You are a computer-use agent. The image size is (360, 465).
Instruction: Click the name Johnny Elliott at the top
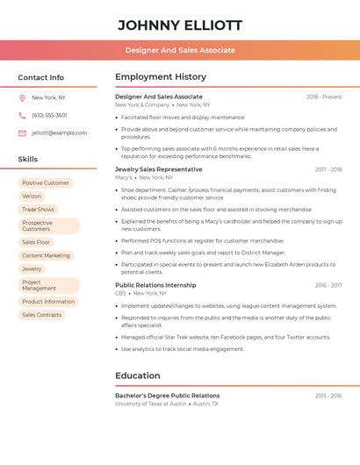pos(180,25)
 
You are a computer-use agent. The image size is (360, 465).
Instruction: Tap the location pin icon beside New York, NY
pos(22,97)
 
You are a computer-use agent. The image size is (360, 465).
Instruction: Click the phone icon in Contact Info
pos(22,115)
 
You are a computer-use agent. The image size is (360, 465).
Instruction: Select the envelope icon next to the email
pos(22,132)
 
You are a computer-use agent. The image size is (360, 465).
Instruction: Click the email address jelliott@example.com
pos(59,132)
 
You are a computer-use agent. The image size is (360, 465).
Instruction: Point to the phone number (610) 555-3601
pos(49,115)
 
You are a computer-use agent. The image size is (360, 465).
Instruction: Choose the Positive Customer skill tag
pos(45,183)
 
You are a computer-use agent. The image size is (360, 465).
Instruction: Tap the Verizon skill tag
pos(32,197)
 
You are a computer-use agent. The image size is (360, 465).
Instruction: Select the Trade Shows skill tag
pos(38,210)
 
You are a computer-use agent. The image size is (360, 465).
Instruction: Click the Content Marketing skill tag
pos(46,255)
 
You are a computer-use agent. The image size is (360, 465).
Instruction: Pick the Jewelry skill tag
pos(32,268)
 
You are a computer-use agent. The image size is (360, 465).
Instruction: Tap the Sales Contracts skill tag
pos(41,314)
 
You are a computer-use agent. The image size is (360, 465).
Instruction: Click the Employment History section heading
pos(161,77)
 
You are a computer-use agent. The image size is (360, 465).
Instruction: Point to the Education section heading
pos(137,376)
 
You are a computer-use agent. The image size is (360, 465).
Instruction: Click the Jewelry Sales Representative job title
pos(158,169)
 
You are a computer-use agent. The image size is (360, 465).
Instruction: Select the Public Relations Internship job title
pos(155,285)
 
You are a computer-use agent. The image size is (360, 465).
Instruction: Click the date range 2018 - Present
pos(324,97)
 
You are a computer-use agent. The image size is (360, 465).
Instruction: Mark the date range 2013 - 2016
pos(328,397)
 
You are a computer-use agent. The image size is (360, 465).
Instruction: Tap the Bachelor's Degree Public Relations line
pos(167,396)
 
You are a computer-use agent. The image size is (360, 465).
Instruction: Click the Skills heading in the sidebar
pos(28,160)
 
